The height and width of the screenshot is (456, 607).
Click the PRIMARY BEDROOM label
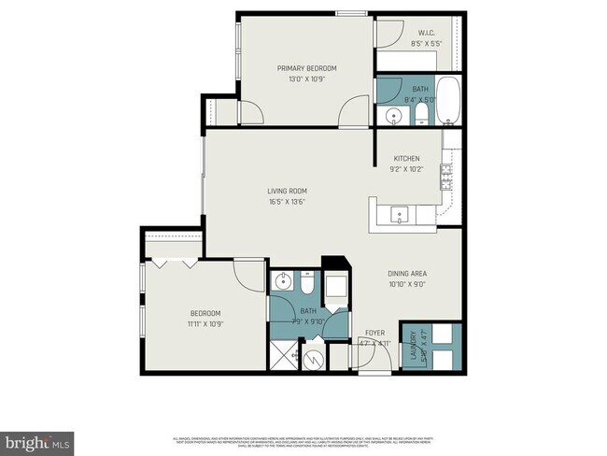coord(306,68)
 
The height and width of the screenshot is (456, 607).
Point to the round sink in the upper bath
coord(393,116)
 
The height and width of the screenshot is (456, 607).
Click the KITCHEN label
coord(406,159)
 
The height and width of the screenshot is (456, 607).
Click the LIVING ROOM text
coord(287,191)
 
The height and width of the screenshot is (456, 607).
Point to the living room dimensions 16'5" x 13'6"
coord(287,202)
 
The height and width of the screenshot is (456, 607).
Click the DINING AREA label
coord(407,274)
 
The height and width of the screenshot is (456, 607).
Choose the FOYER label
coord(373,331)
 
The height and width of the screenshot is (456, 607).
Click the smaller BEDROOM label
coord(205,313)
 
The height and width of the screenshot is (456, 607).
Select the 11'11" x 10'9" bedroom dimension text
coord(205,324)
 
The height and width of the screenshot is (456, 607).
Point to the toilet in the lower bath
coord(308,282)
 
